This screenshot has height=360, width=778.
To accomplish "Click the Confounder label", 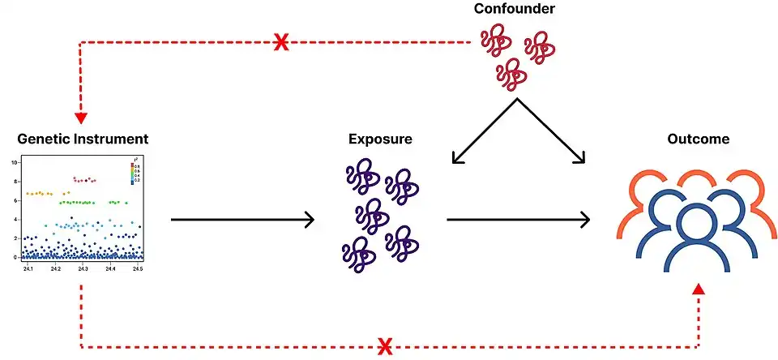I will (515, 10).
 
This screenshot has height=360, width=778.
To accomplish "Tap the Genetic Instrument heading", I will (83, 139).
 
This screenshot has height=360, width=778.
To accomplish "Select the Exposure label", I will (380, 139).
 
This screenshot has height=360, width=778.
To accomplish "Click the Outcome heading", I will (698, 139).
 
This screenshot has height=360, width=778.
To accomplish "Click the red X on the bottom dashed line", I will (387, 347).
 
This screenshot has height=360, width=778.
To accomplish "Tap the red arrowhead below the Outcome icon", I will (699, 288).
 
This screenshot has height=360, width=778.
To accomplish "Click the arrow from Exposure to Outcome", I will (519, 219).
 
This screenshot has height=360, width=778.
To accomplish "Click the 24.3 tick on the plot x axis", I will (83, 268).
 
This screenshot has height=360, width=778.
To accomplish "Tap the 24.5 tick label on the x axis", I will (138, 268).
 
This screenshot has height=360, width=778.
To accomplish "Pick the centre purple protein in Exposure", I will (372, 214).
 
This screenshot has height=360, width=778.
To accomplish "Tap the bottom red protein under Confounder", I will (511, 75).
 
